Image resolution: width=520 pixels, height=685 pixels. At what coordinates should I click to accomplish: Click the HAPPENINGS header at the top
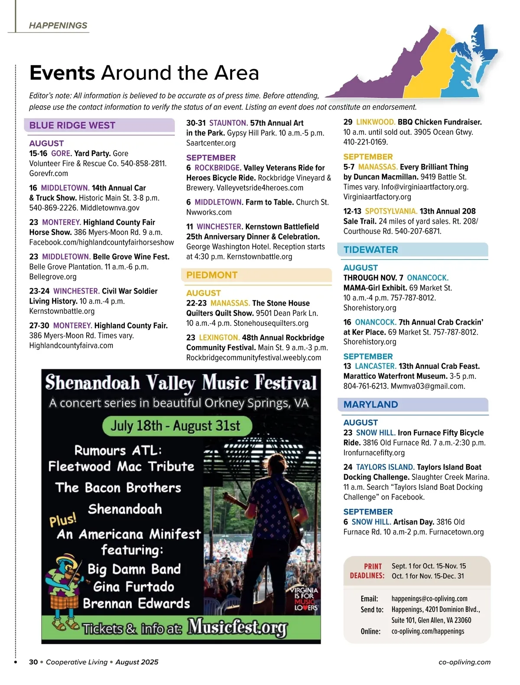click(58, 26)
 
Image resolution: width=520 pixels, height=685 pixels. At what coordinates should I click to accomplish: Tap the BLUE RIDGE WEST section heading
click(72, 126)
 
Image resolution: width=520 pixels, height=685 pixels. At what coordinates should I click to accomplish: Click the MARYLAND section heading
click(370, 405)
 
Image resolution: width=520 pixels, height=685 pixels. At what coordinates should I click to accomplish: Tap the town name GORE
click(61, 153)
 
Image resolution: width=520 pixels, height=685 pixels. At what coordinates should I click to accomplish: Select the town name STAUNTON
click(228, 123)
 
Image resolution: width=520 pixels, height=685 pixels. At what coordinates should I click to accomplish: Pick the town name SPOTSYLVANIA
click(391, 212)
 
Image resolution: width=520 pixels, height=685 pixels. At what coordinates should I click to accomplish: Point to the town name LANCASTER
click(376, 366)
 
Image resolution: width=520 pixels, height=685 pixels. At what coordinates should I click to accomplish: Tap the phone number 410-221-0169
click(366, 142)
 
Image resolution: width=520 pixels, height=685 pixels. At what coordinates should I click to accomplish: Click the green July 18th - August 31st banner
click(177, 426)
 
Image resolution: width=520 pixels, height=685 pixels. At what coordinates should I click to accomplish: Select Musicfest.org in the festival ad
click(237, 627)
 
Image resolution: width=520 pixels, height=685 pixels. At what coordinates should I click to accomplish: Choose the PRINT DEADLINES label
click(367, 571)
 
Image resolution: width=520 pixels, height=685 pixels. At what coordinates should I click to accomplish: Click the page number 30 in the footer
click(33, 662)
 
